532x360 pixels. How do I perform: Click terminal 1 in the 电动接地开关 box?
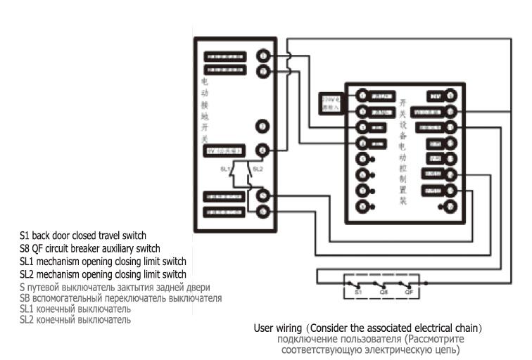pos(262,56)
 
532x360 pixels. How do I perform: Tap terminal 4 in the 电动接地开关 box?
pos(262,149)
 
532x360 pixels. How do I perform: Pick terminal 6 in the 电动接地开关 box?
pos(262,210)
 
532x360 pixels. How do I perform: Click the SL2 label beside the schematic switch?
pos(258,169)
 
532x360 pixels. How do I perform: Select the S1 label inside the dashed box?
pos(357,291)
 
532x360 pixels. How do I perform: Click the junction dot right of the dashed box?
pos(426,284)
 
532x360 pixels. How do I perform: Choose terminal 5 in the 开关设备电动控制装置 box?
pos(362,159)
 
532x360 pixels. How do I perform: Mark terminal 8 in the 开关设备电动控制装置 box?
pos(362,207)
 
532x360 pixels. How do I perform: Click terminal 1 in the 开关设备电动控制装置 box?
pos(362,95)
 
